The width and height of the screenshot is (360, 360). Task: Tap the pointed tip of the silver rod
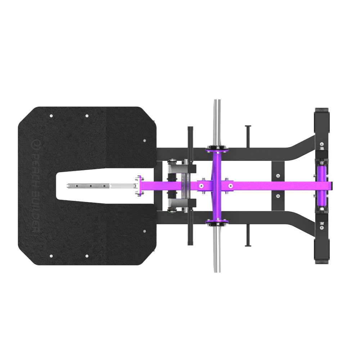point(68,186)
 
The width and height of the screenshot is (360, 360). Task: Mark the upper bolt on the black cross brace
point(278,176)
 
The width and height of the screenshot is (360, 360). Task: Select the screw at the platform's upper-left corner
point(51,116)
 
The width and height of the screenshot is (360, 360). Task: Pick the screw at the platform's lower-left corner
point(51,256)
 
